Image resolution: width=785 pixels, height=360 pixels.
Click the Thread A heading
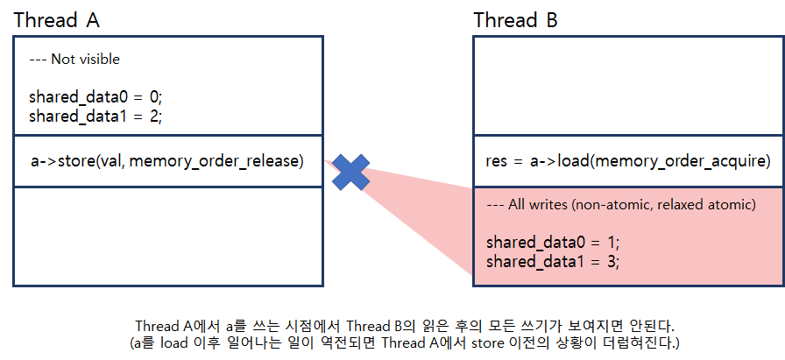58,20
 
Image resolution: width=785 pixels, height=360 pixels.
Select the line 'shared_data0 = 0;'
95,97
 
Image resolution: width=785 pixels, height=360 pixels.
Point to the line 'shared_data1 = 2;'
95,115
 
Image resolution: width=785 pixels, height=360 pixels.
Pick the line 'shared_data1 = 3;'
553,261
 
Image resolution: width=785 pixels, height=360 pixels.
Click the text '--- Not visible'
74,60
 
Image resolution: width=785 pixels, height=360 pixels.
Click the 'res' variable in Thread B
497,161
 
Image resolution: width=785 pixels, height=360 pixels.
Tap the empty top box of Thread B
628,86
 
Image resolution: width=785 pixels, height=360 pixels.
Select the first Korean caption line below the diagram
405,324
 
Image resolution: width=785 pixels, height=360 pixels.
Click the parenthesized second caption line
405,341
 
